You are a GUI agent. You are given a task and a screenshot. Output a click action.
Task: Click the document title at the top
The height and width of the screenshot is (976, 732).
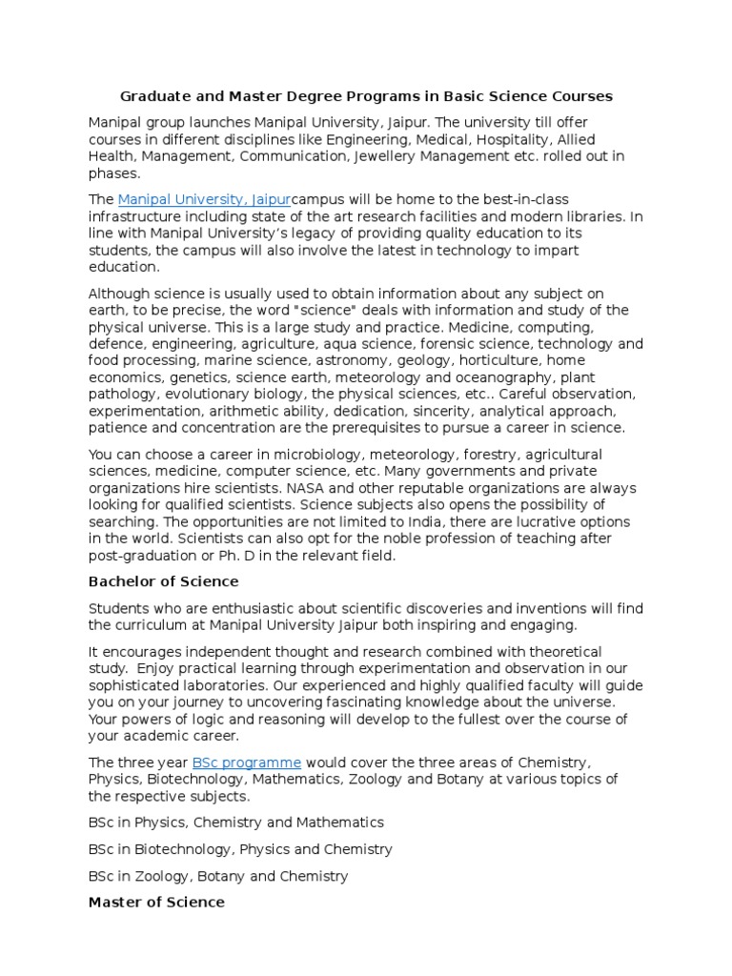coord(366,96)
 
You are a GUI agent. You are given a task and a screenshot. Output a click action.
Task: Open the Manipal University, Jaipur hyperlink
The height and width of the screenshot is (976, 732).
coord(204,199)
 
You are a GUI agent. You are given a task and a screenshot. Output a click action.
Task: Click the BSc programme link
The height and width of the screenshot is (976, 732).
coord(247,762)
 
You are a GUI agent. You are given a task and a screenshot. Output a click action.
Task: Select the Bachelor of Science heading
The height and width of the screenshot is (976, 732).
coord(163,581)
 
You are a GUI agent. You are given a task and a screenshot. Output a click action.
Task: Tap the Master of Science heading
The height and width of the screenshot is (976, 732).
coord(156,902)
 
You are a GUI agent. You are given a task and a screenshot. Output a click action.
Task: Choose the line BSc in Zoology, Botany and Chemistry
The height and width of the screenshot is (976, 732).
coord(218,876)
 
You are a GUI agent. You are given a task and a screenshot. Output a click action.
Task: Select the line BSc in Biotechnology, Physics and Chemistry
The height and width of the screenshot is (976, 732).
coord(240,849)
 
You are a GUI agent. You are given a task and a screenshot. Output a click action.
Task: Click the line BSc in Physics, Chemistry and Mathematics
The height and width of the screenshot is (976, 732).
coord(236,822)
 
